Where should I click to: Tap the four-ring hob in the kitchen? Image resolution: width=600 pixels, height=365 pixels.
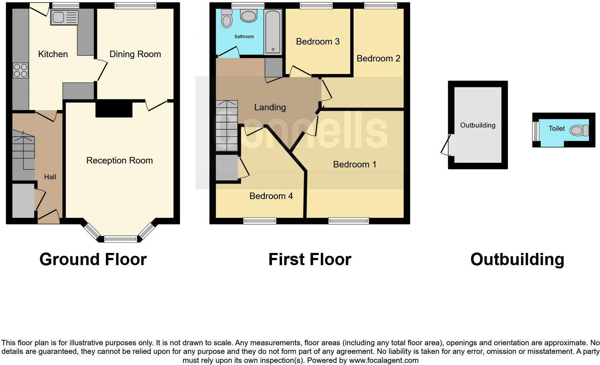(20, 70)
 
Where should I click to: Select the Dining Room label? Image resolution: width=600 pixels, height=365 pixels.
(135, 54)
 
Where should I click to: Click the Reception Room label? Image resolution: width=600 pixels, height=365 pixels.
(119, 161)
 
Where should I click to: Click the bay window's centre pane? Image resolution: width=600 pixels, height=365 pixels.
(121, 239)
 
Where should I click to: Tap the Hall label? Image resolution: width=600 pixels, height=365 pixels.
(50, 177)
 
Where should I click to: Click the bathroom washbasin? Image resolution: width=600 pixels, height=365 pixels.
(248, 16)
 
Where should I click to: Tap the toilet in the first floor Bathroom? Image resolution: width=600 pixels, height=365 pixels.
(226, 19)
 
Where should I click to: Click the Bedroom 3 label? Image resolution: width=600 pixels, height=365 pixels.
(318, 42)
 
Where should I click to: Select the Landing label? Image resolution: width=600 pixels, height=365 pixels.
(270, 107)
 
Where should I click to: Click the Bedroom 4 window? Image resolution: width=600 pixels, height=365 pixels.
(260, 221)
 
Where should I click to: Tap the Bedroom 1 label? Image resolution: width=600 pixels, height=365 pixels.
(355, 165)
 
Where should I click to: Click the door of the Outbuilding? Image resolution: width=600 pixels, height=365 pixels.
(446, 145)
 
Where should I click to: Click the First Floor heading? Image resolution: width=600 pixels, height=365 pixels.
(310, 259)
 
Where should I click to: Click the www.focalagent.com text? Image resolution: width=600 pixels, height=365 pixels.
(383, 360)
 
